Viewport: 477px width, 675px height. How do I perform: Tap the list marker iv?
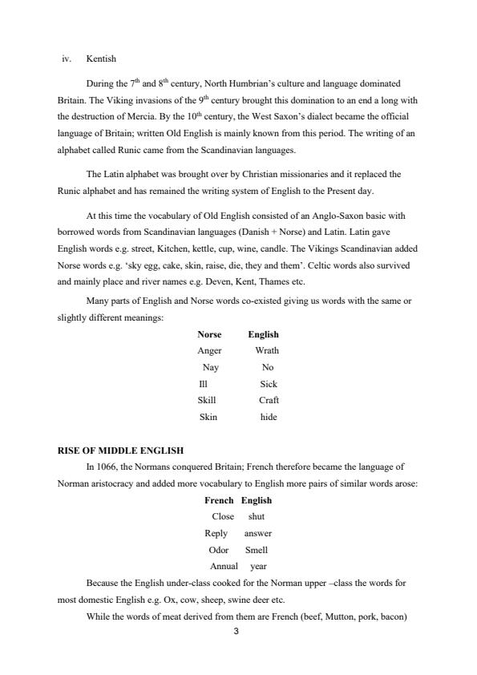pyautogui.click(x=67, y=59)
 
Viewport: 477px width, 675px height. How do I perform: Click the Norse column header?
pyautogui.click(x=209, y=334)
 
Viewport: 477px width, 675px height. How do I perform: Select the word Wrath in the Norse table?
pyautogui.click(x=267, y=350)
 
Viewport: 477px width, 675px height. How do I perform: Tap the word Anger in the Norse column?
pyautogui.click(x=209, y=350)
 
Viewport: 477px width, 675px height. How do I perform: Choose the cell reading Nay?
pyautogui.click(x=211, y=367)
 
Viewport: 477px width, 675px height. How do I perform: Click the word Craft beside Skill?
pyautogui.click(x=269, y=400)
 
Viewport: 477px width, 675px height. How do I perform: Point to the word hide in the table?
pyautogui.click(x=269, y=417)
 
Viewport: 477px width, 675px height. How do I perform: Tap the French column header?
pyautogui.click(x=219, y=500)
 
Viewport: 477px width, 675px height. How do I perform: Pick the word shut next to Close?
pyautogui.click(x=257, y=516)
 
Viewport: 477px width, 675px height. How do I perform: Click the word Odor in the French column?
pyautogui.click(x=219, y=550)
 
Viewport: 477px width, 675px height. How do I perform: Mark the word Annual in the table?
pyautogui.click(x=224, y=566)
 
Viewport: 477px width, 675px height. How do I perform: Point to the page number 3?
pyautogui.click(x=236, y=632)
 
